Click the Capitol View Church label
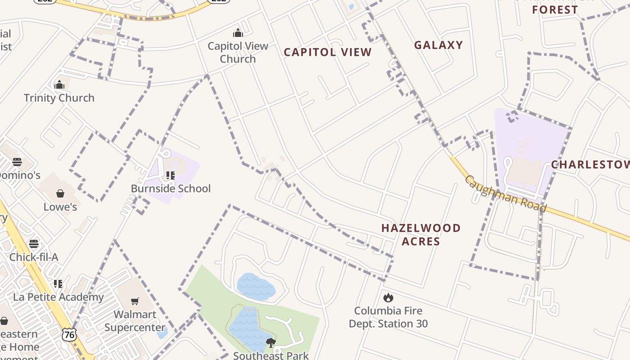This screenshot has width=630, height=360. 238,52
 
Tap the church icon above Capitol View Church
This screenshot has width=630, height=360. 238,33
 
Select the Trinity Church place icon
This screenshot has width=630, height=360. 59,85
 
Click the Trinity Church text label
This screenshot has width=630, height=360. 59,98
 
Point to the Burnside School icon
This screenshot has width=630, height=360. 171,175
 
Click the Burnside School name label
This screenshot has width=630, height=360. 171,188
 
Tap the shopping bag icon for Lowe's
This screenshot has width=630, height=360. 60,193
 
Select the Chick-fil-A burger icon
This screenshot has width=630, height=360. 34,244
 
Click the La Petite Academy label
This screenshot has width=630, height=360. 58,297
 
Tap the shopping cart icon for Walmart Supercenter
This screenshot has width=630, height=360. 135,301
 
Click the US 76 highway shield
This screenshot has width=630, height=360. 69,334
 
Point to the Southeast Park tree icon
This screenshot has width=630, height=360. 270,343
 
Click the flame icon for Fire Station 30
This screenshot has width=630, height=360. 388,297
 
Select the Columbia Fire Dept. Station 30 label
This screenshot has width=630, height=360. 388,317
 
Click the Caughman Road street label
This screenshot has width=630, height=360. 505,193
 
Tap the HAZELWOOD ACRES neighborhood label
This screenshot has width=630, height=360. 421,234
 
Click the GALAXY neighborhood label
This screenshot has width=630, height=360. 438,45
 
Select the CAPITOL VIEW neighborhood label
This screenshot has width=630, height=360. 328,52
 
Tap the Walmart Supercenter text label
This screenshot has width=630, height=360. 135,320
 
